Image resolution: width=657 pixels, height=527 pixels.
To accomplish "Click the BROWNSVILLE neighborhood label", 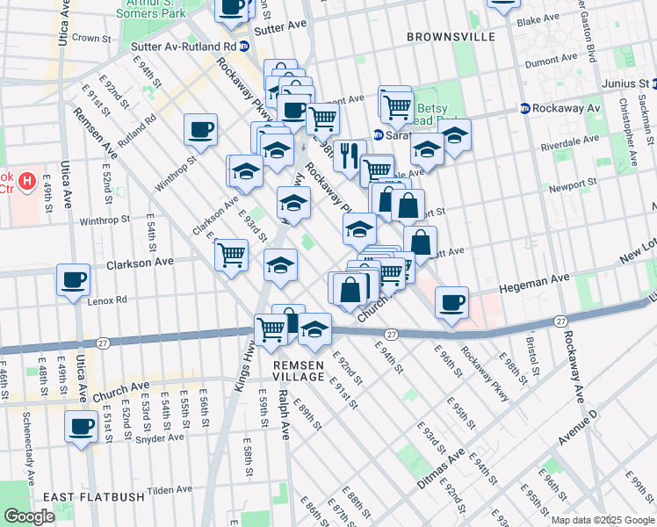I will (451, 37).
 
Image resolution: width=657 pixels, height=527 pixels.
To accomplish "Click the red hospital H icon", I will (27, 182).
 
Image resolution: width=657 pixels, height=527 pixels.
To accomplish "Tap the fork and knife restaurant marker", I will (350, 155).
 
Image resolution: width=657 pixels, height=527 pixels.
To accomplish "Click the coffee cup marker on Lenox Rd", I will (74, 279).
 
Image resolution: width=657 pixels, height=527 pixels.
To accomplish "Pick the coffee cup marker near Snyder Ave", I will (82, 427).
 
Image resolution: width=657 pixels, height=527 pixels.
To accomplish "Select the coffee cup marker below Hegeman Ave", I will (451, 302).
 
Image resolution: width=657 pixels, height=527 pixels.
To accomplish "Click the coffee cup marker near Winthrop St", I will (200, 130).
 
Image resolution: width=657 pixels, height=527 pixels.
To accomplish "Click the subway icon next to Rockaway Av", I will (524, 109).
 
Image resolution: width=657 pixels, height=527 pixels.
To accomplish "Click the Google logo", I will (29, 516).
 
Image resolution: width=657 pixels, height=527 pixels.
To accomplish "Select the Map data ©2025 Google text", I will (603, 520).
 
